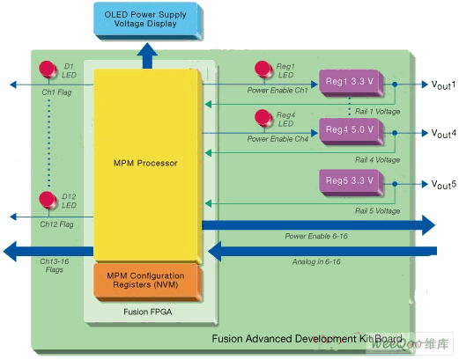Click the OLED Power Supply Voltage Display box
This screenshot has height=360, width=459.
148,20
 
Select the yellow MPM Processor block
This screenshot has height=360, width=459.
148,165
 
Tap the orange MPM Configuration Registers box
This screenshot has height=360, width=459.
148,282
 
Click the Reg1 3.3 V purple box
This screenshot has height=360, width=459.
352,83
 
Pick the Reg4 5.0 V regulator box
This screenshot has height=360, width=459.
352,131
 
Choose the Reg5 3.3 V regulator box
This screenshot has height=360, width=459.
352,182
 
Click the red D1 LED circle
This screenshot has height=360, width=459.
48,70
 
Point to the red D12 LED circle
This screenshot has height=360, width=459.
48,200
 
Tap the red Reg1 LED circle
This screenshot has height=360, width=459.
263,70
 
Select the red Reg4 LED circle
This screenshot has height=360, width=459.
263,118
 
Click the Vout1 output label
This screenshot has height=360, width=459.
443,84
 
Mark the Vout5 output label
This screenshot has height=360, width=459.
443,184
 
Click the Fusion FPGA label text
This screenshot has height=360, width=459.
148,312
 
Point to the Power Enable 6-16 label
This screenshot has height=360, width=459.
316,236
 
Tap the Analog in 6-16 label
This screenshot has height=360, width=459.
316,261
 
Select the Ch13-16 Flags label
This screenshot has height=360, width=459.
55,265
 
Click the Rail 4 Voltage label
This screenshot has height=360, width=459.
377,159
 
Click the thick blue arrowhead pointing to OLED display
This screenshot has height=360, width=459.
147,49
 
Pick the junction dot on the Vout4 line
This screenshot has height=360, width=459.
395,133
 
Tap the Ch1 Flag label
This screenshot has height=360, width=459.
56,92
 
